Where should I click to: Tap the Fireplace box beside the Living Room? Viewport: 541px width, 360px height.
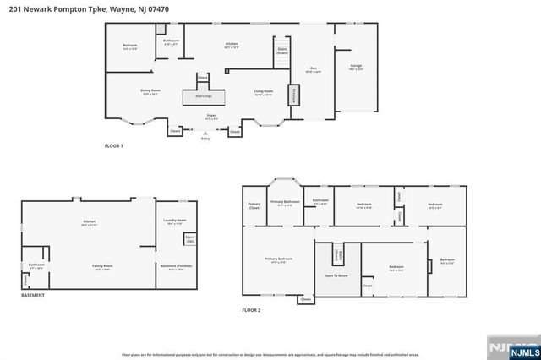click(x=294, y=95)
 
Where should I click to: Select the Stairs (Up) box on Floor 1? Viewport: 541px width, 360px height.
click(x=202, y=97)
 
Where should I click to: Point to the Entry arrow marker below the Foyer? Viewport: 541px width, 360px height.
click(x=205, y=133)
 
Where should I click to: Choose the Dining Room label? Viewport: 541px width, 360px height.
click(x=150, y=91)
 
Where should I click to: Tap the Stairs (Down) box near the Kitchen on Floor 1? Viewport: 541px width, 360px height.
click(x=281, y=51)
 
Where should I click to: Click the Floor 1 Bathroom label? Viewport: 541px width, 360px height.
click(x=171, y=41)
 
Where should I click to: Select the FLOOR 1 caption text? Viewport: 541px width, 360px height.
click(x=113, y=146)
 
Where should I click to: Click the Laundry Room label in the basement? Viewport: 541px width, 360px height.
click(x=176, y=222)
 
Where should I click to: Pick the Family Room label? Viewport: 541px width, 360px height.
click(x=103, y=268)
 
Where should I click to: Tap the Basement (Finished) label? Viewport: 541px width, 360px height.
click(x=175, y=268)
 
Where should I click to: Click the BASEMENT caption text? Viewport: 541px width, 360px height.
click(x=33, y=295)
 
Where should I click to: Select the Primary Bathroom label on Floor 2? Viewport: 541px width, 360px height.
click(x=286, y=203)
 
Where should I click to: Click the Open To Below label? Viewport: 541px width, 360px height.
click(x=336, y=275)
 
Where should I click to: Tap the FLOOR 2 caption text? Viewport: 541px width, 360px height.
click(x=251, y=311)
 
